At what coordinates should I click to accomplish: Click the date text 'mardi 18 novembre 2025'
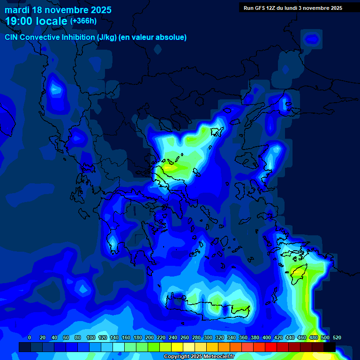click(58, 10)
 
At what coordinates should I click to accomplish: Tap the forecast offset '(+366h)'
click(83, 21)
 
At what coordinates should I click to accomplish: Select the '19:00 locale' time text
click(36, 21)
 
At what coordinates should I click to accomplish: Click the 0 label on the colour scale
click(30, 337)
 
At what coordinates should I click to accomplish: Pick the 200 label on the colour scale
click(149, 337)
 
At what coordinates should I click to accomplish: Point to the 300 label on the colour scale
click(208, 337)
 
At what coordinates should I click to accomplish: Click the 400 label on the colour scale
click(266, 337)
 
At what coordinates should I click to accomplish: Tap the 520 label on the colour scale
click(337, 337)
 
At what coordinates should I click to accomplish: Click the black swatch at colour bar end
click(330, 347)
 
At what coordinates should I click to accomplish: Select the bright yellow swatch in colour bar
click(177, 347)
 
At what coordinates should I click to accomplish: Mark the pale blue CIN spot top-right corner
click(313, 38)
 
